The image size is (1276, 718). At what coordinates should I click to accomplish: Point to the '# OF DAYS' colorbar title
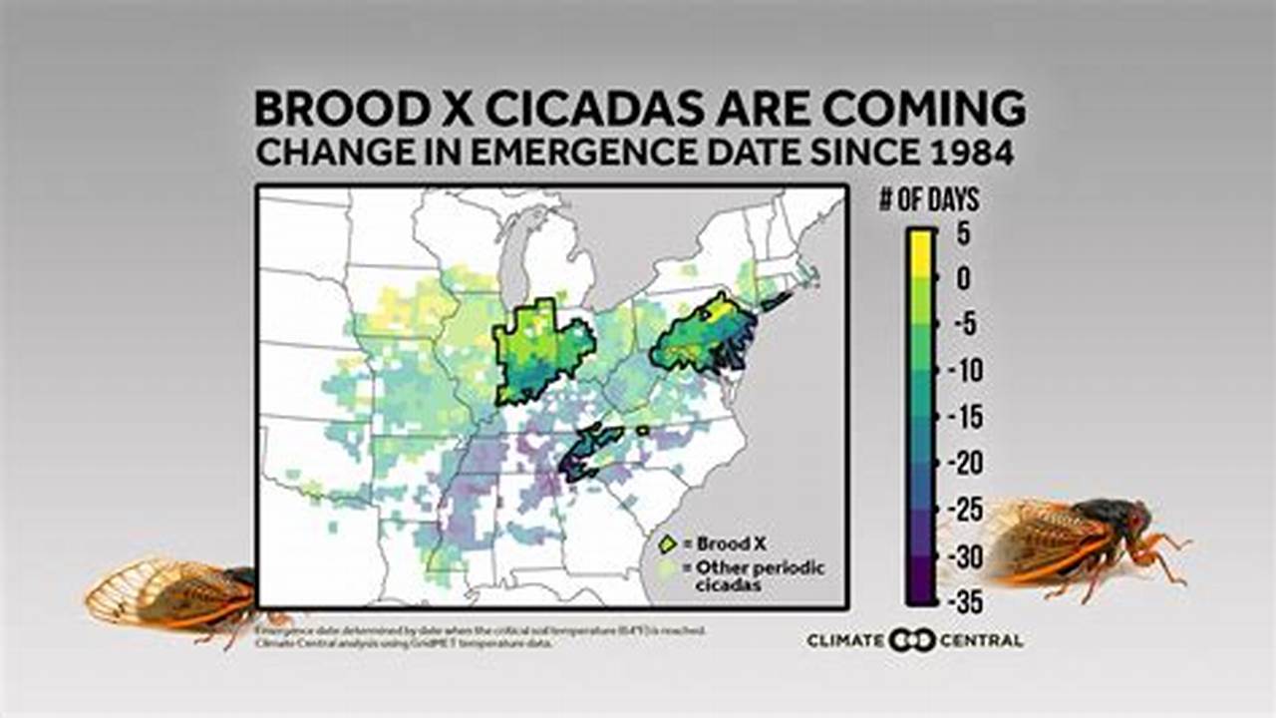(x=928, y=200)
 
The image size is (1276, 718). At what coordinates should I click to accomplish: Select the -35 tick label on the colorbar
(x=963, y=602)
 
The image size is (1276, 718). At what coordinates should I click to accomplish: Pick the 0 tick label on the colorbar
(x=963, y=280)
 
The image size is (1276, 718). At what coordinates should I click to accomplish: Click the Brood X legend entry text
(x=731, y=543)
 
